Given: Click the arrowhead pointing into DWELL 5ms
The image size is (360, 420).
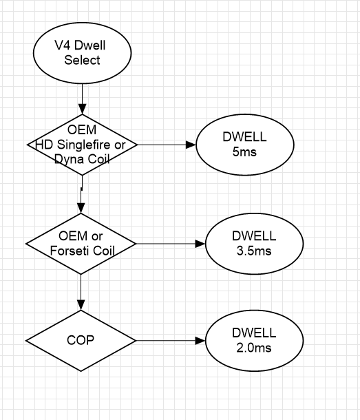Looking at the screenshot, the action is (191, 145).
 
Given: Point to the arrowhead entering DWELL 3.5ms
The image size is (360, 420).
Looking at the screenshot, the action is (200, 244).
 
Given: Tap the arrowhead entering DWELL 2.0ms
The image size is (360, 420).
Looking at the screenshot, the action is (200, 341).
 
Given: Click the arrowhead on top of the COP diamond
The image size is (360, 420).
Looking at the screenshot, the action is (81, 305).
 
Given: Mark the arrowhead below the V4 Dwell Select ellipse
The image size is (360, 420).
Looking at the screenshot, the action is (82, 109).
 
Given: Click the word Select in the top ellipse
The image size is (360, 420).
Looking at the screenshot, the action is (82, 60).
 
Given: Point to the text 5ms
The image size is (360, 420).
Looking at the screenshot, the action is (244, 152).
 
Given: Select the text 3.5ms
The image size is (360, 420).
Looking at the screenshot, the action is (254, 251).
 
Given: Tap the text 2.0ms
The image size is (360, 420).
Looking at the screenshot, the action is (254, 348).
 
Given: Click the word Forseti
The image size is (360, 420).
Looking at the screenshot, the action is (68, 251).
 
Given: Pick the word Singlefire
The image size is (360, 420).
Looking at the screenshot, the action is (84, 145).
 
